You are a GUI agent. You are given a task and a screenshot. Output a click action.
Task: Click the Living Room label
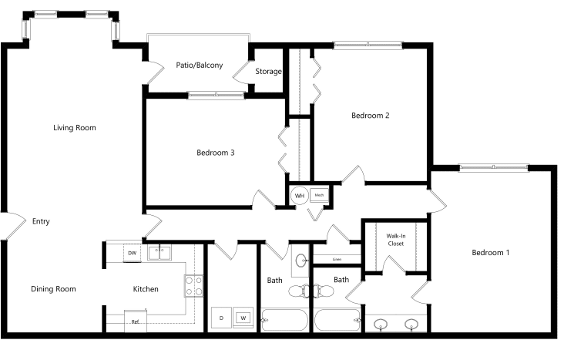click(75, 128)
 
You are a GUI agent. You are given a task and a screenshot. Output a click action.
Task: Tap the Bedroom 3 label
click(216, 153)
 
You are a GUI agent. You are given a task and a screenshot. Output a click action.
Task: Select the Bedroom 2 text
click(370, 116)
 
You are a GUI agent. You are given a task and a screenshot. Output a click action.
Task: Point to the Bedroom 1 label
click(491, 253)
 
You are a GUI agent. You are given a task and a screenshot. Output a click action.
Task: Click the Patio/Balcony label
click(200, 66)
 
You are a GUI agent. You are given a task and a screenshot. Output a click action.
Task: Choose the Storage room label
click(268, 71)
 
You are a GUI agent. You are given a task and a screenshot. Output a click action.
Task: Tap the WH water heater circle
click(299, 196)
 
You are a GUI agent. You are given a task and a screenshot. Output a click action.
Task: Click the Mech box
click(319, 196)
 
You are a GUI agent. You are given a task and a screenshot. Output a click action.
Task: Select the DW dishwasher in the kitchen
click(132, 253)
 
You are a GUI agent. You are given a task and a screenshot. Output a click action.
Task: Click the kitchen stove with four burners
click(194, 286)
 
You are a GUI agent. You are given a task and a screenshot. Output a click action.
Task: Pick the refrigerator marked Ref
click(136, 321)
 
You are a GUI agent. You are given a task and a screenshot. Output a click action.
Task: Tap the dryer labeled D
click(221, 318)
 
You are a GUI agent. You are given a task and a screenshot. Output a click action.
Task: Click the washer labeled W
click(243, 318)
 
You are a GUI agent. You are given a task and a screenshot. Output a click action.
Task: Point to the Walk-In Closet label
click(396, 240)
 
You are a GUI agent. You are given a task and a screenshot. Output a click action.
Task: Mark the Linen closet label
click(337, 259)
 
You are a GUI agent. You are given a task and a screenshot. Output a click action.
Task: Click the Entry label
click(41, 221)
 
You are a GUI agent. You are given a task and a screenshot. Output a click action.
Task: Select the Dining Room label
click(53, 289)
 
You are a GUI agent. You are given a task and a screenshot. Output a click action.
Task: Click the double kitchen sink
click(159, 253)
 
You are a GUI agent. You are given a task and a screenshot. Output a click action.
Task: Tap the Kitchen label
click(146, 289)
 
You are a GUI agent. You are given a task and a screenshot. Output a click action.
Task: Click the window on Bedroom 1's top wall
click(493, 167)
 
